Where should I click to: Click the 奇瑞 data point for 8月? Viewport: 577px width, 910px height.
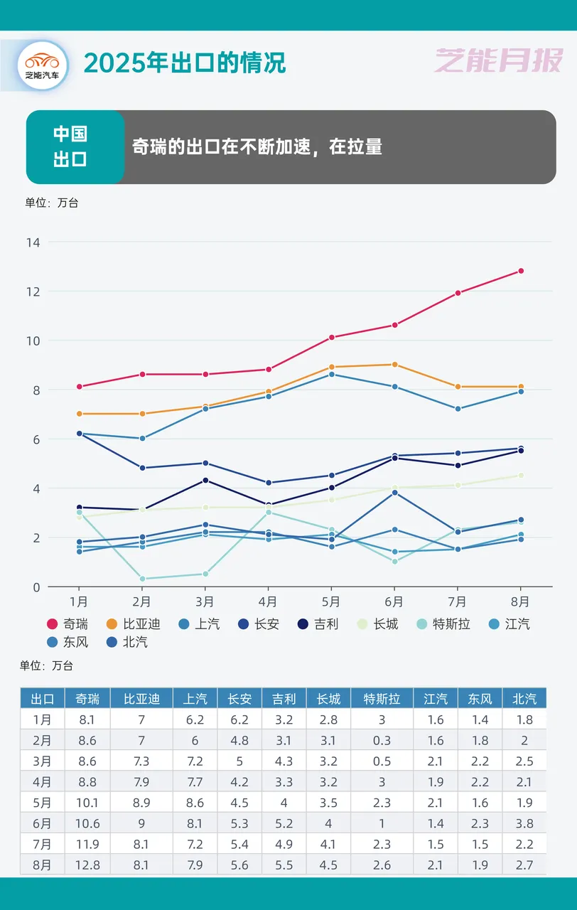[520, 271]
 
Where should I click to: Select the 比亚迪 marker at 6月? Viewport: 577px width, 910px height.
[394, 365]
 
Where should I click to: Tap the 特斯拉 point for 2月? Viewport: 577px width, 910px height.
[141, 579]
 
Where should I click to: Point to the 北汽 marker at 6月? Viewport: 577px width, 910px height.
[394, 493]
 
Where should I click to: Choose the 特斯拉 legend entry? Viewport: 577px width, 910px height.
[445, 624]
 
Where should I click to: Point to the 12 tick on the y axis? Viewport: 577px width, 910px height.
[33, 291]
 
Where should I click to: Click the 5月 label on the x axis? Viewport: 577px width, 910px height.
[331, 601]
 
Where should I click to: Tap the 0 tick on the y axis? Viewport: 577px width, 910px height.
[36, 587]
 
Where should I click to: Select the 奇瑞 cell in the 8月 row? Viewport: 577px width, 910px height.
[87, 864]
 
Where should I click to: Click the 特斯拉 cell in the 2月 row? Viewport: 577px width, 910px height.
[382, 740]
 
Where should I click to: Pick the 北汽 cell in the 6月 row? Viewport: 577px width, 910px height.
[524, 823]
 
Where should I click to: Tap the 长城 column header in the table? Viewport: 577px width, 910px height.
[328, 698]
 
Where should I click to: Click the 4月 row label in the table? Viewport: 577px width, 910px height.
[42, 782]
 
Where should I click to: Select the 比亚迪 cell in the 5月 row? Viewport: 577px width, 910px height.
[141, 803]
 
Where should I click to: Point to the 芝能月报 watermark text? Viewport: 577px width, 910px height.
[498, 62]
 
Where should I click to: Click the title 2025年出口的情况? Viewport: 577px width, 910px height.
[185, 63]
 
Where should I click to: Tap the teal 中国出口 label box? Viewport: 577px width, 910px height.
[71, 146]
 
